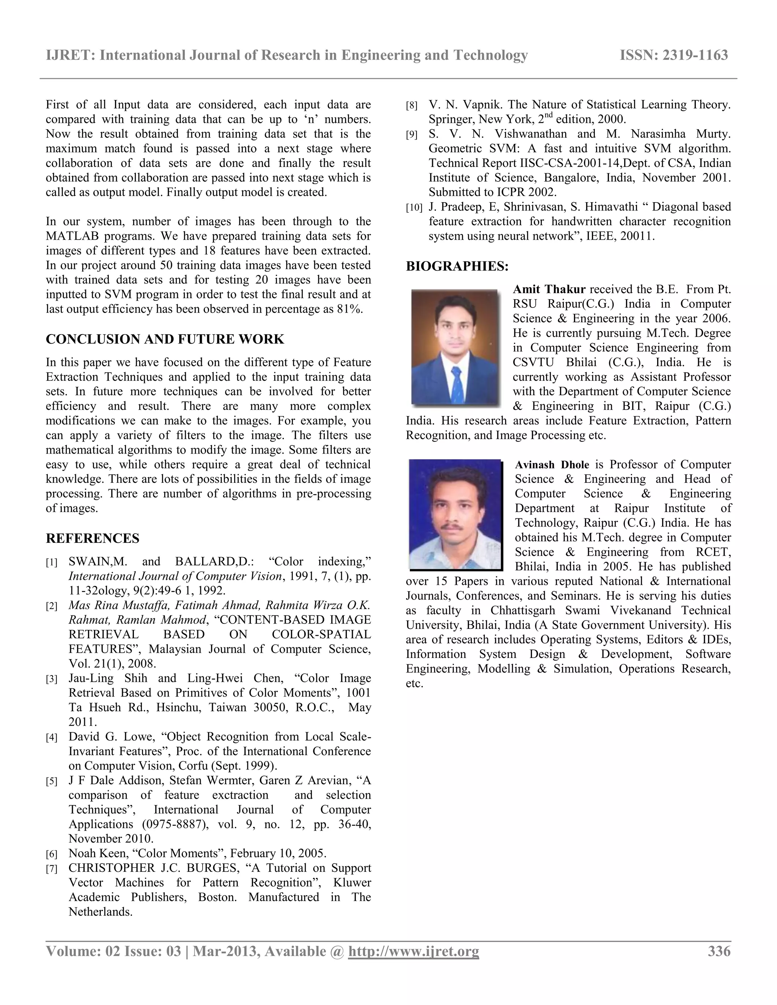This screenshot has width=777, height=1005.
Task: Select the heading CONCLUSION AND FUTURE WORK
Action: (x=165, y=339)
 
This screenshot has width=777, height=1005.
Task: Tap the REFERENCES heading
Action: (x=93, y=539)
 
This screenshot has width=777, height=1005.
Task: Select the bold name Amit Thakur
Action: (x=549, y=289)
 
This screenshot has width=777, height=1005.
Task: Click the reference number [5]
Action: (x=52, y=781)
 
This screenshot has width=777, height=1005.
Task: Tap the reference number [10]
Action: (x=414, y=207)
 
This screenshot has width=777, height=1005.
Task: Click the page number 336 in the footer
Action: (x=719, y=951)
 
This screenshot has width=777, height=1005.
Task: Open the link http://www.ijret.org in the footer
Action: (x=414, y=951)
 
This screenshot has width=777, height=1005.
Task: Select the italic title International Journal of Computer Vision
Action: (x=175, y=576)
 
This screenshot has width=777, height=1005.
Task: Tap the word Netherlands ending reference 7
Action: (x=100, y=912)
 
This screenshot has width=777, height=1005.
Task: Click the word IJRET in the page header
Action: (x=69, y=55)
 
